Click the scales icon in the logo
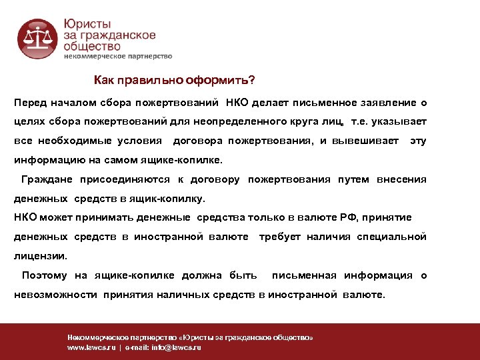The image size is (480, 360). tap(38, 38)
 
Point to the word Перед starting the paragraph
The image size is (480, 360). tap(30, 103)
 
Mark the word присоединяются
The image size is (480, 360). tap(127, 180)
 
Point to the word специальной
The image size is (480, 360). tap(391, 237)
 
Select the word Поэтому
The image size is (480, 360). tap(44, 275)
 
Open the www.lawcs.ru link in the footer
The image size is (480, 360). tap(91, 347)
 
